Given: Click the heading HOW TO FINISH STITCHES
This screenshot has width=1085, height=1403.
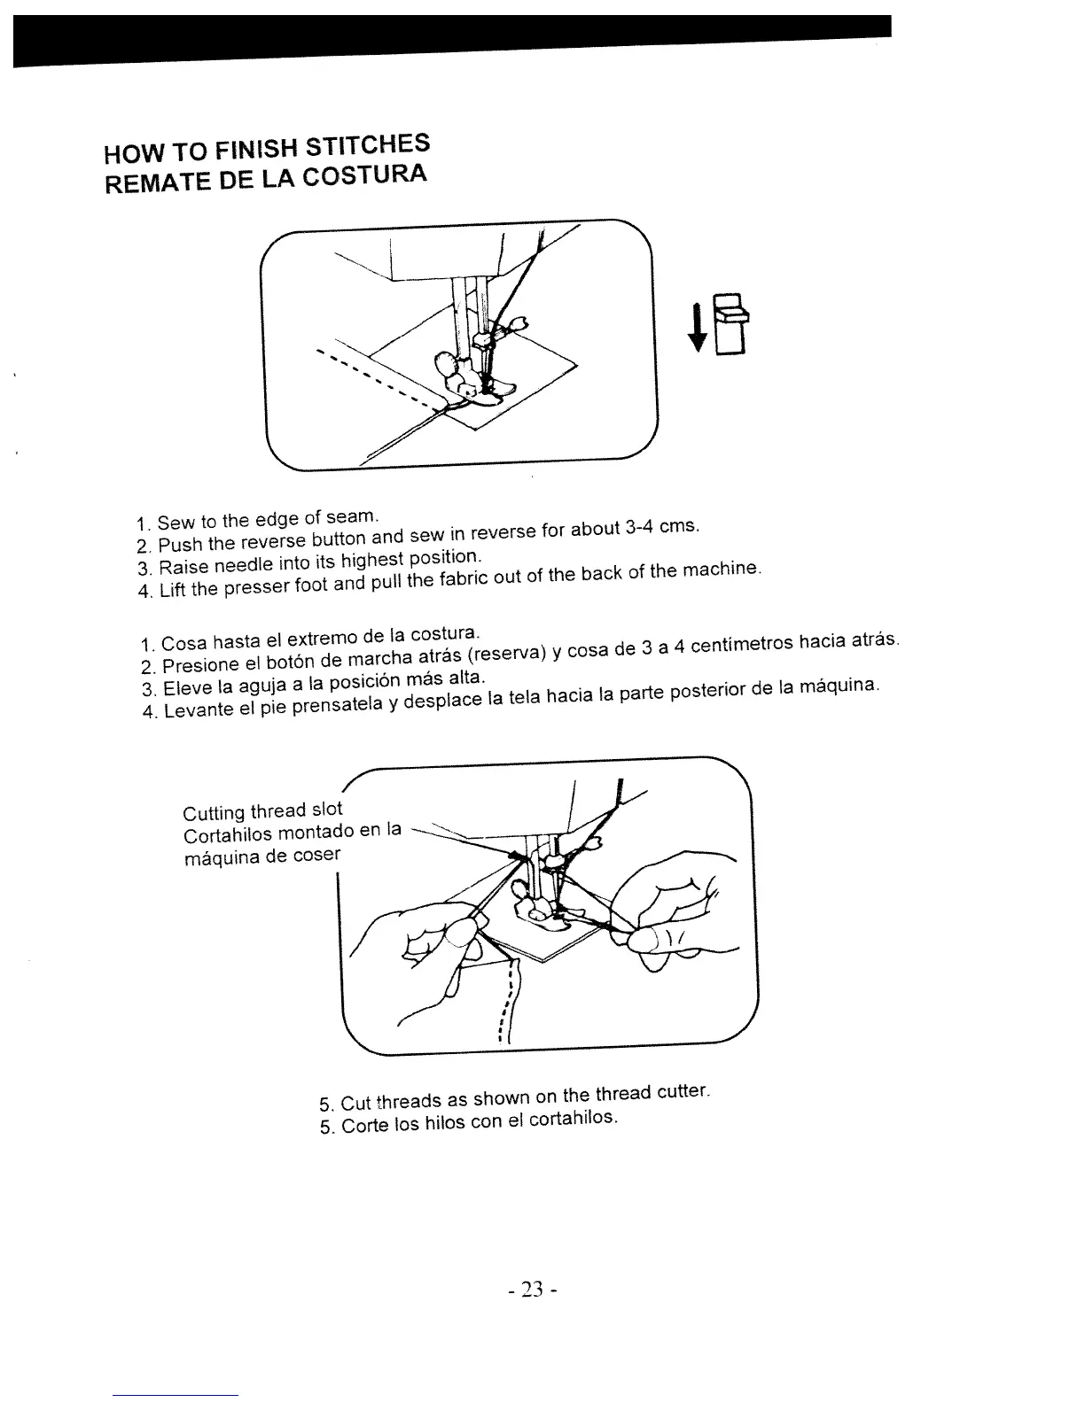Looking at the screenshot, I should [x=267, y=148].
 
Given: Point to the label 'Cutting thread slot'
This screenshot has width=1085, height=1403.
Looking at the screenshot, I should [x=261, y=810].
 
